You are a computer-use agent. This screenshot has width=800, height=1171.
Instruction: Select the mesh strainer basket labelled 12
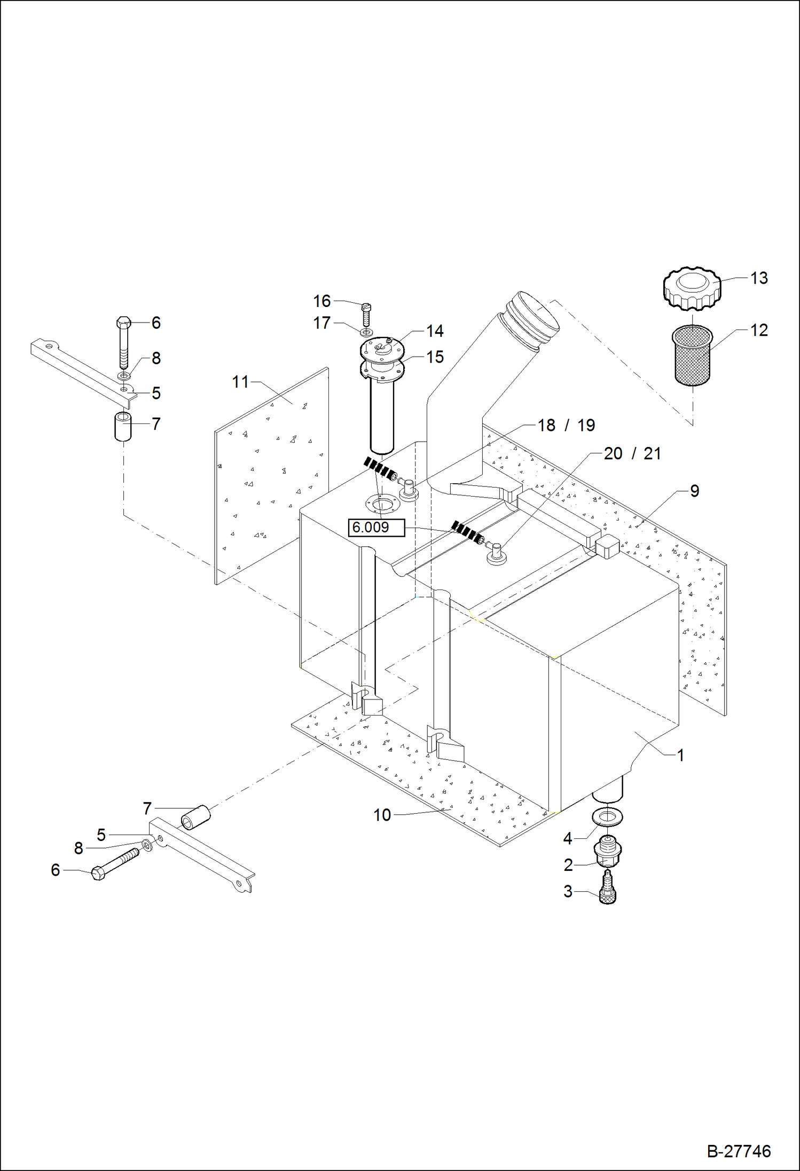[x=692, y=355]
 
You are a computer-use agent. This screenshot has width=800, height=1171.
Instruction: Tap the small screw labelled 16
[x=366, y=315]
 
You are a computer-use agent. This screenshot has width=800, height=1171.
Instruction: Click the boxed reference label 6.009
[x=376, y=528]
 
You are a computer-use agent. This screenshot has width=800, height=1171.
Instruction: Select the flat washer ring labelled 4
[x=607, y=816]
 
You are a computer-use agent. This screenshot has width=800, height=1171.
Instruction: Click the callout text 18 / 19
[x=566, y=426]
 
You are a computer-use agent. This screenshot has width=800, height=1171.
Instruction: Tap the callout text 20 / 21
[x=632, y=454]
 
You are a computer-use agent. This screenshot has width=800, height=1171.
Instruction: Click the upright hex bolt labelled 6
[x=124, y=342]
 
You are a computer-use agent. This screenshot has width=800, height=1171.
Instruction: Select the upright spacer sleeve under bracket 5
[x=123, y=426]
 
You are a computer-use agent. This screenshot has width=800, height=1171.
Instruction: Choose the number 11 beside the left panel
[x=240, y=382]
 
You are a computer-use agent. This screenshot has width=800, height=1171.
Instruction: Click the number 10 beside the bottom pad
[x=382, y=815]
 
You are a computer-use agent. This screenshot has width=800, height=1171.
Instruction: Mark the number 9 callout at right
[x=694, y=491]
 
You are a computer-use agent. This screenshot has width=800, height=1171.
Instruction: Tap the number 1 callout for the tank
[x=680, y=755]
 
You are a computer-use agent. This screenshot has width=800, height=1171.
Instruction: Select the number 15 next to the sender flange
[x=435, y=357]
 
